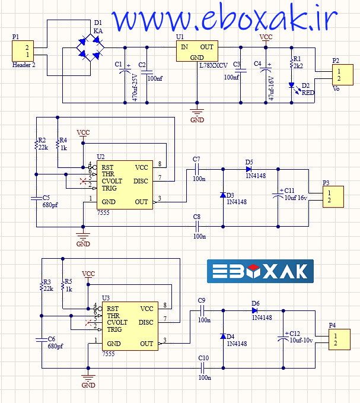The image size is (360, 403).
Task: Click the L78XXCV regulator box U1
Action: point(196,52)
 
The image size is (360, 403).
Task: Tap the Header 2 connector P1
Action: point(26,51)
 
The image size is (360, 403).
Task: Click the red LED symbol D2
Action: point(291,85)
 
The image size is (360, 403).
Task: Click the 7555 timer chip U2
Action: point(125,185)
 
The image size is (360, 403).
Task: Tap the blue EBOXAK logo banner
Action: point(260,271)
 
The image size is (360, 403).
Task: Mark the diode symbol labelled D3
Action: point(222,195)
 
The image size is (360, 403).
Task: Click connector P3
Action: point(333,196)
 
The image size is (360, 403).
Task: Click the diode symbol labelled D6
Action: point(254,310)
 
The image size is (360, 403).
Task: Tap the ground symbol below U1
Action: point(196,111)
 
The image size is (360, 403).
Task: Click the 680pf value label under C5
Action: point(50,205)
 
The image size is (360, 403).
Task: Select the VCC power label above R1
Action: point(267,37)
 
